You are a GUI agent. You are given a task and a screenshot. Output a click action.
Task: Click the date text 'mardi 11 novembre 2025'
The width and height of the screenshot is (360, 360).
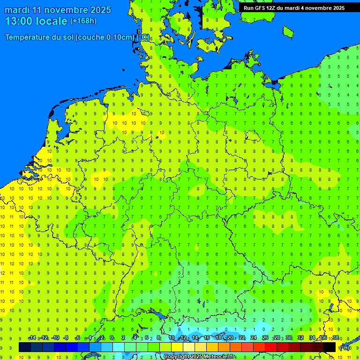click(x=58, y=10)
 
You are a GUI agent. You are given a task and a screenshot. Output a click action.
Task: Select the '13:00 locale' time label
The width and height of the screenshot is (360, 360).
click(x=36, y=21)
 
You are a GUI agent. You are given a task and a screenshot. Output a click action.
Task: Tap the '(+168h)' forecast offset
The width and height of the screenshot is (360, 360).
click(x=83, y=21)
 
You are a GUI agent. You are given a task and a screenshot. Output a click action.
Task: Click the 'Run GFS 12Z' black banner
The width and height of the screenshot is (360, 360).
click(x=294, y=8)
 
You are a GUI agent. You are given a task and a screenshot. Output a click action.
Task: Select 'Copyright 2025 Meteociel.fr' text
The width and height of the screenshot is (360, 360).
click(x=200, y=356)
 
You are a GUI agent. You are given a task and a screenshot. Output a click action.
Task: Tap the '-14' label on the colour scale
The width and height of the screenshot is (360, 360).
click(x=32, y=338)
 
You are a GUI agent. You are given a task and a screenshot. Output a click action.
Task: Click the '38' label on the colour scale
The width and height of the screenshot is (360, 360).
click(x=336, y=338)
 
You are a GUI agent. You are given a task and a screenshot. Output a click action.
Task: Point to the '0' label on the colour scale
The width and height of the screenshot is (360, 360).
click(x=112, y=338)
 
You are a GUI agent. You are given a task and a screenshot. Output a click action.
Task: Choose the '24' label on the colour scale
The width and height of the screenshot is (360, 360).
click(x=254, y=338)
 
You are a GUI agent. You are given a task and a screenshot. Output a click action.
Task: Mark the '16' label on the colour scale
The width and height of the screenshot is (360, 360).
click(x=207, y=338)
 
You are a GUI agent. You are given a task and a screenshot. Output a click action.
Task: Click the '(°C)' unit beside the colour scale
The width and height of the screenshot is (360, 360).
click(x=345, y=348)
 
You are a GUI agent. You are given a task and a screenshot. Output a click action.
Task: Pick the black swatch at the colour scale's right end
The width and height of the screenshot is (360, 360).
click(x=330, y=347)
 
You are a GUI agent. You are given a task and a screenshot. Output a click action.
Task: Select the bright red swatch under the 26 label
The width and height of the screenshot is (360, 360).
click(x=271, y=347)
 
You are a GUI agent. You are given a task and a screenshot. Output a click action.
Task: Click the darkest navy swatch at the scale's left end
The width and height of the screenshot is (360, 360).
click(x=25, y=347)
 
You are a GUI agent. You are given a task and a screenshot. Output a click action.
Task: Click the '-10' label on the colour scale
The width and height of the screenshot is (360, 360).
click(x=55, y=338)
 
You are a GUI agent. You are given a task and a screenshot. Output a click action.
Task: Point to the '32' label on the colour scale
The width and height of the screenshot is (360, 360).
click(x=300, y=338)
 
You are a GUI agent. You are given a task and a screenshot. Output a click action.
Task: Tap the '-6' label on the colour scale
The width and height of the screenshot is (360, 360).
click(x=78, y=338)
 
